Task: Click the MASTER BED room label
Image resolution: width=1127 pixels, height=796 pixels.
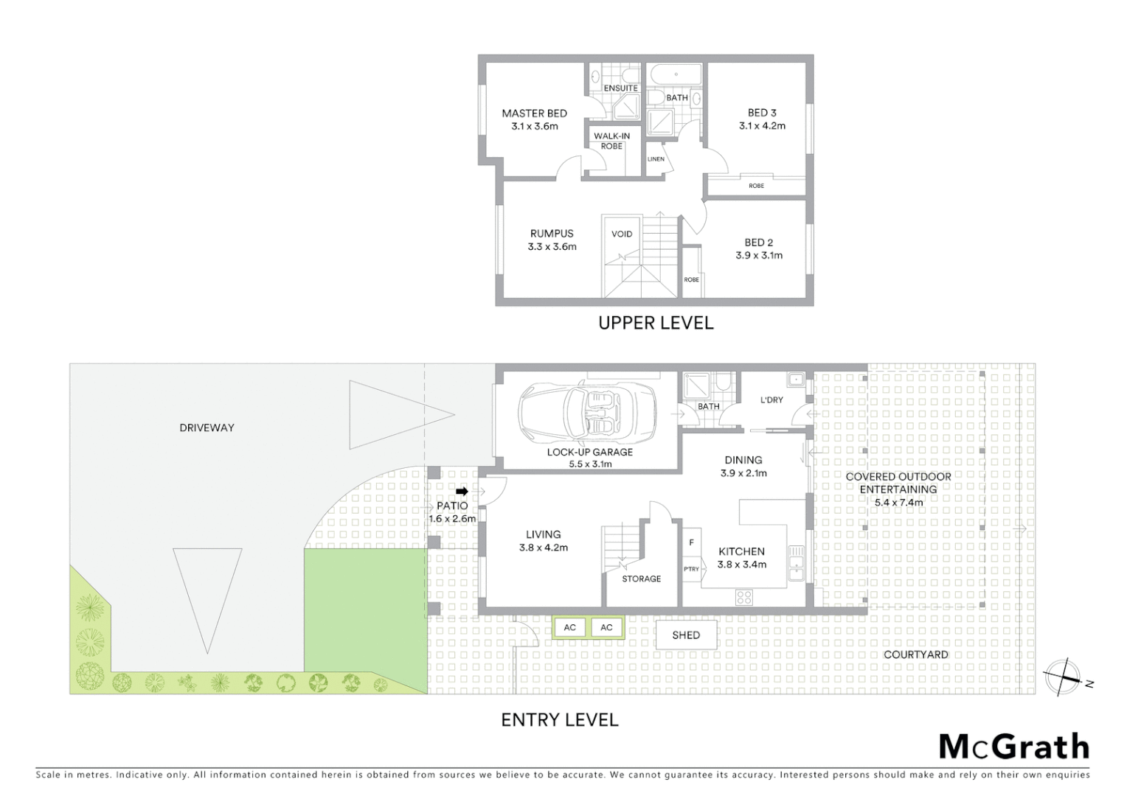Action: pos(534,114)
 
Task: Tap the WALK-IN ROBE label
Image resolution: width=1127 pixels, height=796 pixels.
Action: pos(611,141)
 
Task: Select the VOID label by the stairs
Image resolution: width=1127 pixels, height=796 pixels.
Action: pos(622,234)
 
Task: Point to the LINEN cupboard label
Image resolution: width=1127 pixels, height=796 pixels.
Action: pos(656,159)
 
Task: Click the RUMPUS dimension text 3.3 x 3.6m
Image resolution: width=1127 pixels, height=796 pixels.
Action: pos(552,247)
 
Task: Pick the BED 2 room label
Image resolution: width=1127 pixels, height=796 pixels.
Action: pos(759,242)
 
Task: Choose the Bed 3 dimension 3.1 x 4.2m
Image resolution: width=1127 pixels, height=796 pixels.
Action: pos(762,126)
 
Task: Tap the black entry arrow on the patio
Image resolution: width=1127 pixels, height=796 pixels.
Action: pos(462,492)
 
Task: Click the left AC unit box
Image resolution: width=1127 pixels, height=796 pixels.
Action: pos(570,627)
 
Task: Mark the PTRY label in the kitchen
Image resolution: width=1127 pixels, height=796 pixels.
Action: pos(691,569)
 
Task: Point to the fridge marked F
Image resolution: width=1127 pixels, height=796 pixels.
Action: pos(691,542)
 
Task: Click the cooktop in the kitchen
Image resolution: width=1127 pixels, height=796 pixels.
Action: pos(743,597)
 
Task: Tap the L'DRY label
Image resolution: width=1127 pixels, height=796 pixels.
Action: pos(771,400)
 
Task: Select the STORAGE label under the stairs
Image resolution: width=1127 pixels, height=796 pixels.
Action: pos(641,579)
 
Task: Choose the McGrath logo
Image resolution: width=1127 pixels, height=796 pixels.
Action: pos(1014,747)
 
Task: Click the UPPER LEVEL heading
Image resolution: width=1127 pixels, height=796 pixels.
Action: pos(656,323)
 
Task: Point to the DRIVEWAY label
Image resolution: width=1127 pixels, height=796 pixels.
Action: pos(207,427)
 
